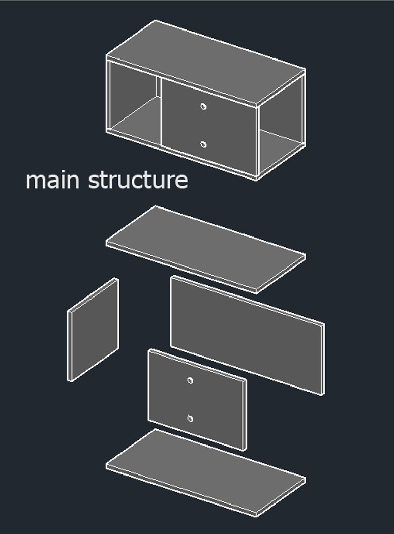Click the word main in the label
click(53, 180)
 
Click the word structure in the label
click(138, 180)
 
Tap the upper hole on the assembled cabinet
click(203, 107)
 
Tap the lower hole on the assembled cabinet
click(203, 145)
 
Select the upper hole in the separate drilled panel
click(190, 381)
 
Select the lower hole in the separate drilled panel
click(190, 419)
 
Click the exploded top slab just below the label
click(206, 249)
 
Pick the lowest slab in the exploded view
click(206, 472)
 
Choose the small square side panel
click(93, 330)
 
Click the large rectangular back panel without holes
click(247, 336)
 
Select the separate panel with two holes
click(197, 400)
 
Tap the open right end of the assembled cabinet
click(281, 126)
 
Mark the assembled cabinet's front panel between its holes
click(208, 126)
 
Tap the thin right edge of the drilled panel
click(245, 415)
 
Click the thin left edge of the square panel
click(70, 346)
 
